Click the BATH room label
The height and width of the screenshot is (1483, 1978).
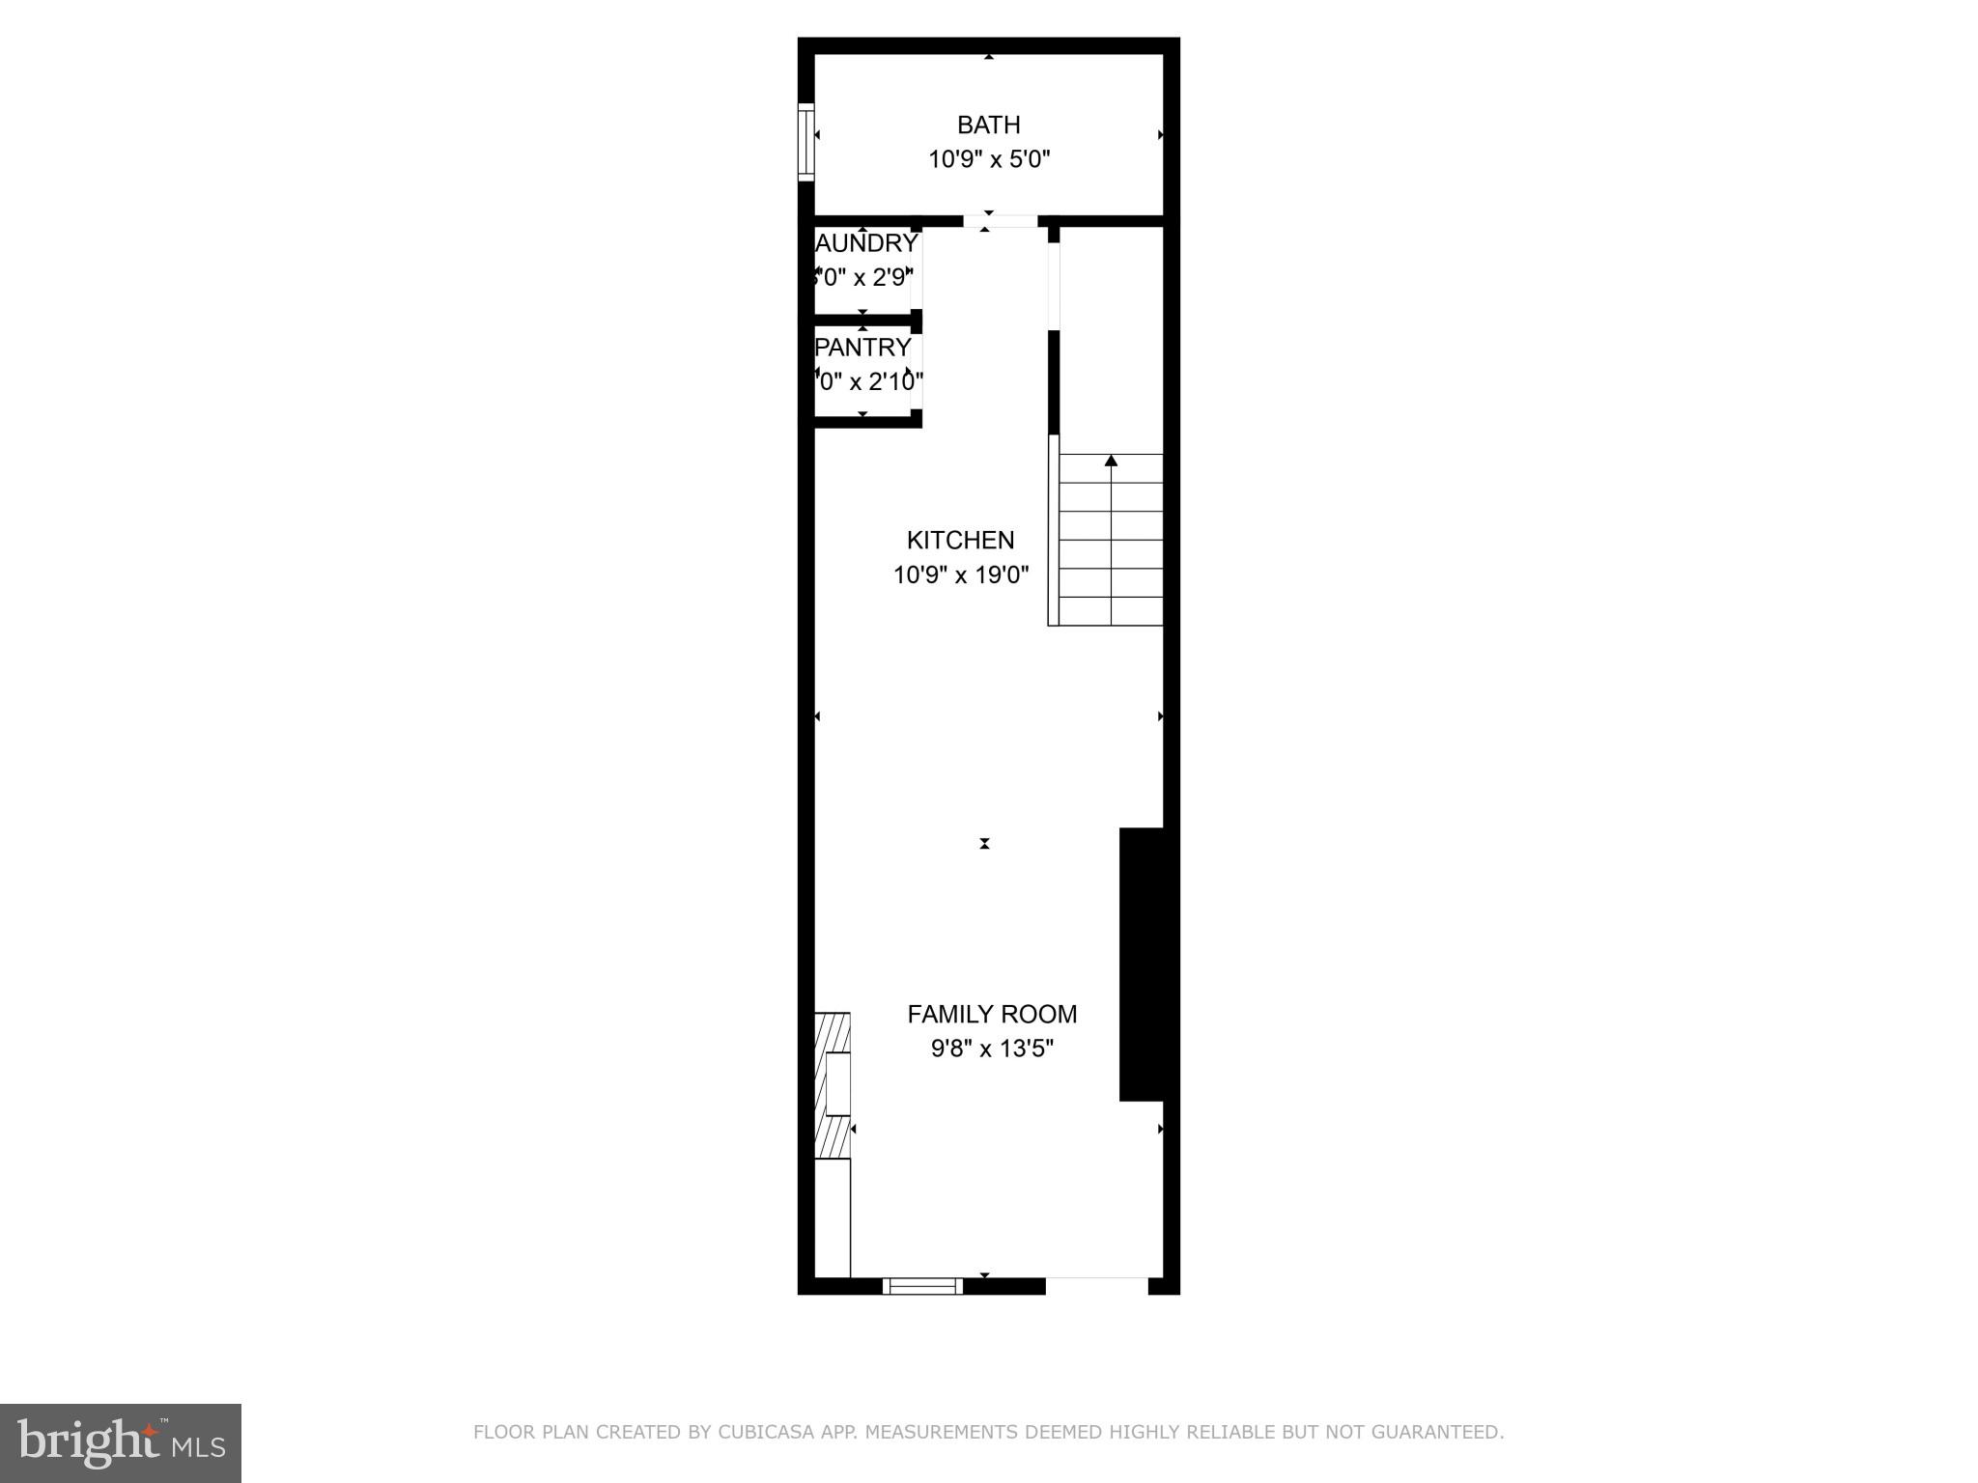tap(988, 125)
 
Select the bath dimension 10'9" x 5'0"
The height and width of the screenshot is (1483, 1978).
tap(988, 159)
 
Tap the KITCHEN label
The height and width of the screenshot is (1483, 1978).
tap(960, 540)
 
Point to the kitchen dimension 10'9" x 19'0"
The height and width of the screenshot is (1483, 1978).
tap(960, 575)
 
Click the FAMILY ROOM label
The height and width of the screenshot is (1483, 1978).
tap(992, 1014)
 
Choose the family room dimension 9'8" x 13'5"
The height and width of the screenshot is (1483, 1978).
tap(992, 1049)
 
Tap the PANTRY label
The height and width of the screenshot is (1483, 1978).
tap(863, 347)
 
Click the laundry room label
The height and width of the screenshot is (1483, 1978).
tap(866, 243)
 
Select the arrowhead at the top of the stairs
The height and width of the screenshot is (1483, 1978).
tap(1111, 461)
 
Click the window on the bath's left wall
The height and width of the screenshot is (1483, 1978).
tap(805, 141)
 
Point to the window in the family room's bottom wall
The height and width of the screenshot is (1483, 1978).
tap(922, 1285)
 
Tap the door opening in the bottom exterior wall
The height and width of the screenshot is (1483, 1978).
tap(1096, 1285)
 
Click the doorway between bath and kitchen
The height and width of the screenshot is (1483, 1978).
tap(1000, 221)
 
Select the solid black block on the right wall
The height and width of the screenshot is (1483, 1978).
tap(1141, 964)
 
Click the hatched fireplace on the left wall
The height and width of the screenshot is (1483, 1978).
tap(833, 1085)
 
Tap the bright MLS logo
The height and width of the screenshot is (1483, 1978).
tap(121, 1443)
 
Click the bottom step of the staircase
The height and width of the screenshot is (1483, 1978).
tap(1111, 611)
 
